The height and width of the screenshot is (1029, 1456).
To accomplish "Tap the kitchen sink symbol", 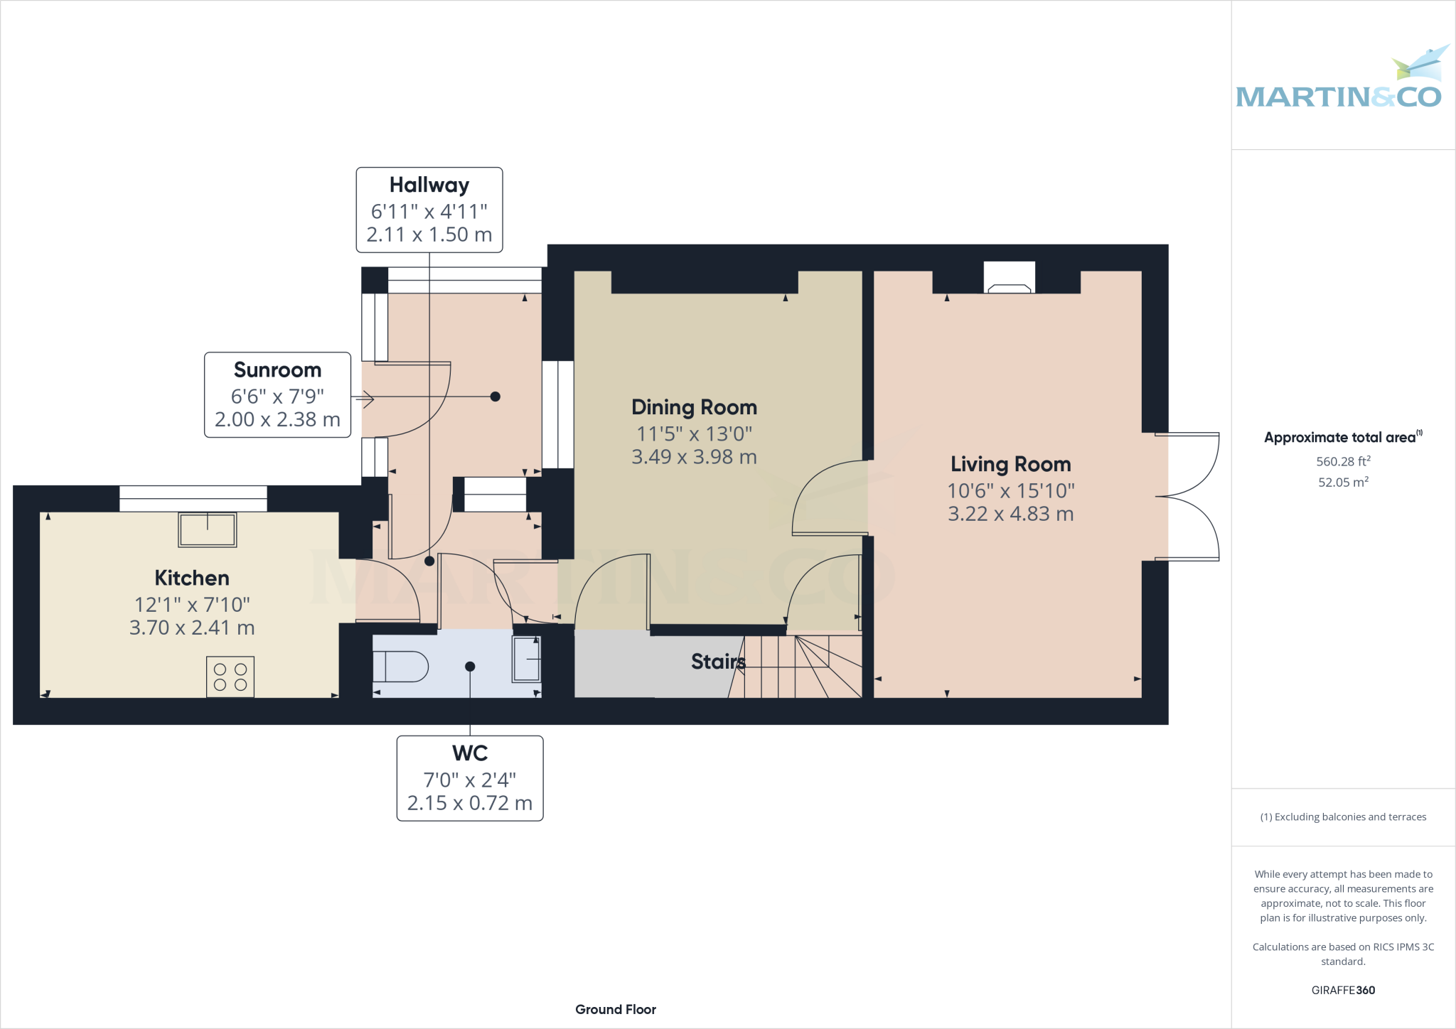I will pos(207,530).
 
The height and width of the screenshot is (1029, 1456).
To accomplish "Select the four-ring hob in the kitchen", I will pos(230,677).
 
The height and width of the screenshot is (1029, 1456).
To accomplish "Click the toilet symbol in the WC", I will pos(400,667).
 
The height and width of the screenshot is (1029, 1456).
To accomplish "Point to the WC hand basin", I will pos(526,659).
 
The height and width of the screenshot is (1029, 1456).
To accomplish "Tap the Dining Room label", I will pos(694,407).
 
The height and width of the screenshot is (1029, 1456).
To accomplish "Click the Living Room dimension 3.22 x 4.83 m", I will pos(1010,514).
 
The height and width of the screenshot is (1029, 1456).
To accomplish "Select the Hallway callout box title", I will pos(429,185).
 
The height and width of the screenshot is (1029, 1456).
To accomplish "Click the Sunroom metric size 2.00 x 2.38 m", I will pos(277,419).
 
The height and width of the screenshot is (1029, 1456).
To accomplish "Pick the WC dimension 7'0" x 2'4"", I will pos(469,780).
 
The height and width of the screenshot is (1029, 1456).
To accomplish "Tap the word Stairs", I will pos(717,662).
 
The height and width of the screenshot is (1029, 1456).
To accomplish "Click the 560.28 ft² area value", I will pos(1343,461).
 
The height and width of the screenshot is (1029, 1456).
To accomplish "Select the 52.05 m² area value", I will pos(1343,482).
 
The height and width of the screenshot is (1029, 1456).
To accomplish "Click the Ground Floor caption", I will pos(616,1009).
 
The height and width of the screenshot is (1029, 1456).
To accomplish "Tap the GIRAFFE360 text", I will pos(1343,990).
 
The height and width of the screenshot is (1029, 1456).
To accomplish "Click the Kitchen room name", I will pos(192,578).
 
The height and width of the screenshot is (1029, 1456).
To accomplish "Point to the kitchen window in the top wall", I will pos(193,498).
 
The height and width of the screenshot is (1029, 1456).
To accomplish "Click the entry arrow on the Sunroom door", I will pos(365,399).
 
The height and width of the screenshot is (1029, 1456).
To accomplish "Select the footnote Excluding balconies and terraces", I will pos(1343,817).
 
